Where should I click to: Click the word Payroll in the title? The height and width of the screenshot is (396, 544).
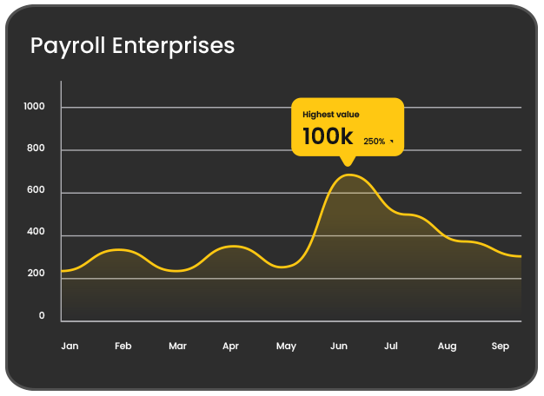pyautogui.click(x=69, y=46)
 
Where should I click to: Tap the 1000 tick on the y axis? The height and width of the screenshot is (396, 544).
pyautogui.click(x=35, y=107)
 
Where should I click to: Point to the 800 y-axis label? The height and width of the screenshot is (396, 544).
pyautogui.click(x=36, y=149)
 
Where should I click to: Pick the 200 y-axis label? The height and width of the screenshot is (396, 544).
pyautogui.click(x=36, y=274)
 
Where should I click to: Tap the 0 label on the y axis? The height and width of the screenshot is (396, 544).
pyautogui.click(x=41, y=316)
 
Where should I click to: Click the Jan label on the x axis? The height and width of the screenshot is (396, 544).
pyautogui.click(x=70, y=346)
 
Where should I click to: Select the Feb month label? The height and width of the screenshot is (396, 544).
pyautogui.click(x=123, y=346)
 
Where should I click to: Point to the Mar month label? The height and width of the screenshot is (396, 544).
pyautogui.click(x=177, y=346)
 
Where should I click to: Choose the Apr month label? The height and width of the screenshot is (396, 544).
pyautogui.click(x=230, y=346)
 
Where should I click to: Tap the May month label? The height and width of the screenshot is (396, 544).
pyautogui.click(x=286, y=346)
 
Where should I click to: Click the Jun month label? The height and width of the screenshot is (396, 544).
pyautogui.click(x=339, y=346)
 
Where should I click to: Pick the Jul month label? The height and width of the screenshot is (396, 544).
pyautogui.click(x=391, y=346)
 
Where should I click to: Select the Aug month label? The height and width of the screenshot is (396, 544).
pyautogui.click(x=447, y=346)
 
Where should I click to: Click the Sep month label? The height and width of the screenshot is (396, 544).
pyautogui.click(x=501, y=346)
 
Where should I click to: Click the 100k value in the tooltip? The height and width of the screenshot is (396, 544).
pyautogui.click(x=328, y=136)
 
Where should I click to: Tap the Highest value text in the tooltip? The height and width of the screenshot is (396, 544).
pyautogui.click(x=330, y=115)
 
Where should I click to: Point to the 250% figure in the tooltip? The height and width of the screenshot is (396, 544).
pyautogui.click(x=375, y=141)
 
